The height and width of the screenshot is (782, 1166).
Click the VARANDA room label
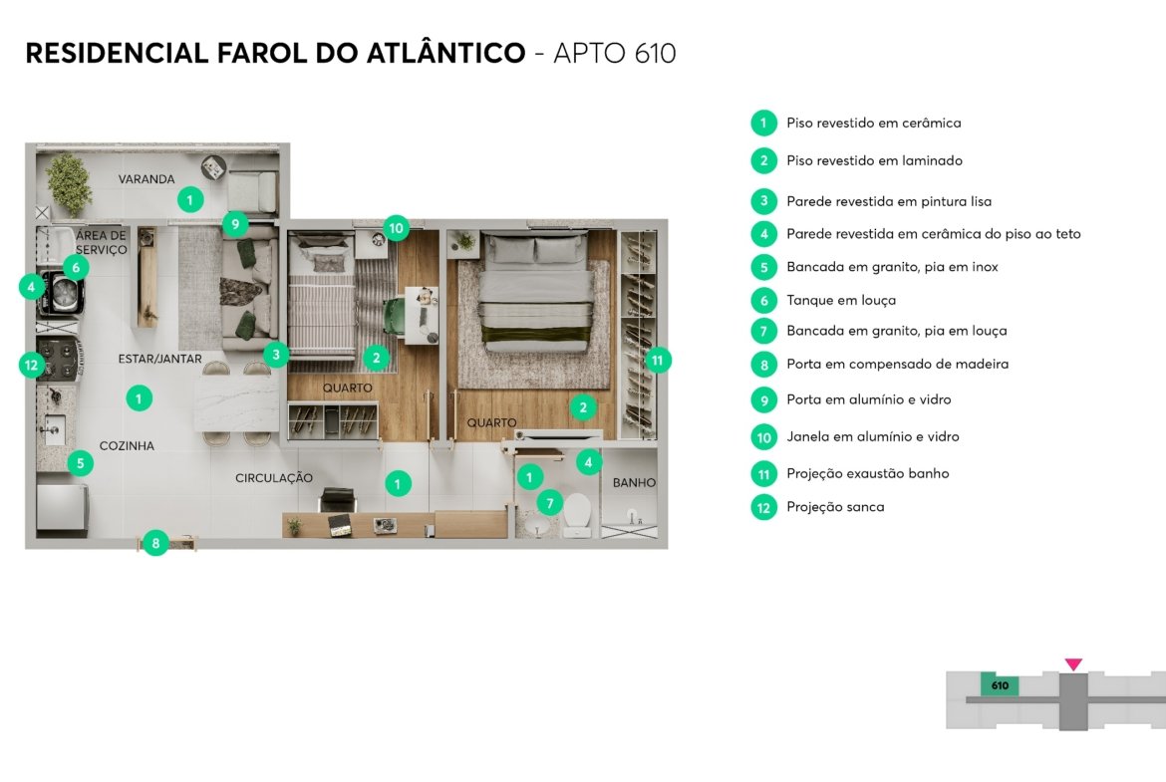tap(146, 179)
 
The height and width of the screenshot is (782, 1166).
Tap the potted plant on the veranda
tap(69, 183)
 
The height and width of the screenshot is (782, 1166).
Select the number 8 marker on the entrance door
tap(155, 543)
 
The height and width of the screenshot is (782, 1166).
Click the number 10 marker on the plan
tap(396, 228)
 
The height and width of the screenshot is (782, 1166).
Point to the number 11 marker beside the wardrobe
tap(658, 361)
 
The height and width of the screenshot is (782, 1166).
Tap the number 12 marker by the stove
tap(31, 365)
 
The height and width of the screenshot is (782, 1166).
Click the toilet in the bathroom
tap(577, 514)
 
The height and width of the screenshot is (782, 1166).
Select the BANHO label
tap(634, 482)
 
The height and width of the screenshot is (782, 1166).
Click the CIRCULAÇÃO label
tap(274, 478)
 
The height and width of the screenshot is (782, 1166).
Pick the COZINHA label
tap(128, 446)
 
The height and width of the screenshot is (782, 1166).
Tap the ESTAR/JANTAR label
tap(159, 359)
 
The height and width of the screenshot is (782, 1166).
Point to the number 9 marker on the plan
tap(235, 224)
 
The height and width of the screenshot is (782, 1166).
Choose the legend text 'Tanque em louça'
tap(841, 300)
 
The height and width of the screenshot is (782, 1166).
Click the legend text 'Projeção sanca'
tap(835, 507)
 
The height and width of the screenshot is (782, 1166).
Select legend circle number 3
tap(763, 201)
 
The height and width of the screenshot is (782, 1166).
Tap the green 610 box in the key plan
tap(1000, 685)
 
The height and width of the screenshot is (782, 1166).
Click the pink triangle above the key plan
tap(1073, 663)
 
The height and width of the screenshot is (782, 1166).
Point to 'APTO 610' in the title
tap(615, 54)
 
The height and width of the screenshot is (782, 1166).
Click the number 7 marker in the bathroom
tap(549, 503)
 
